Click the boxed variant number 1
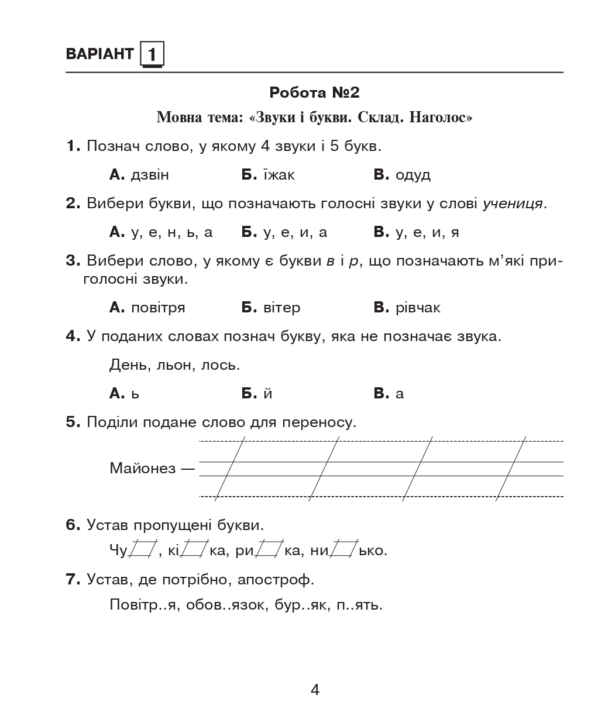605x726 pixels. click(x=152, y=55)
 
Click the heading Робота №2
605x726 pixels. click(x=314, y=92)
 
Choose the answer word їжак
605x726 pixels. click(x=279, y=175)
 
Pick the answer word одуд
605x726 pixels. click(x=412, y=175)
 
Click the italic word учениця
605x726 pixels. click(x=513, y=204)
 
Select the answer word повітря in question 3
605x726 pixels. click(x=158, y=308)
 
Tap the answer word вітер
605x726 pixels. click(x=281, y=308)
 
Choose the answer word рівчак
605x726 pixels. click(x=418, y=308)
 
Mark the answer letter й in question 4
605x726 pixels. click(x=268, y=394)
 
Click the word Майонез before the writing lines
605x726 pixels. click(x=142, y=468)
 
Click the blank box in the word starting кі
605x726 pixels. click(x=195, y=549)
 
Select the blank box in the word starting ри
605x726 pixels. click(x=269, y=549)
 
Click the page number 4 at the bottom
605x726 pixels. click(x=315, y=690)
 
